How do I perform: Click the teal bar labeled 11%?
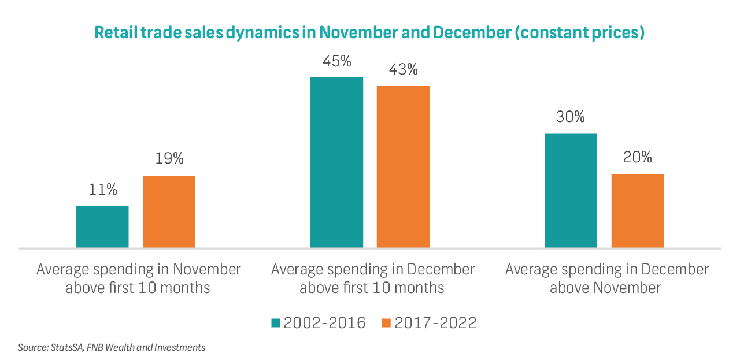[x=102, y=227]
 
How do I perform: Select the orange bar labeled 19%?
[x=169, y=211]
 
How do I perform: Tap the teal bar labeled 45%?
[x=336, y=162]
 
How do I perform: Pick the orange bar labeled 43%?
[x=403, y=166]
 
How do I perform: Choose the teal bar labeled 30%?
[x=571, y=191]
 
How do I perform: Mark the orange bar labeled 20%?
[x=637, y=210]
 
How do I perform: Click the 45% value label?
[x=337, y=61]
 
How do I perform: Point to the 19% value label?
[x=169, y=158]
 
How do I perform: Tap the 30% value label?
[x=571, y=117]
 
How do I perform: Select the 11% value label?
[x=103, y=189]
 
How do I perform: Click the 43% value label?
[x=404, y=69]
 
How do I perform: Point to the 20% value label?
[x=638, y=157]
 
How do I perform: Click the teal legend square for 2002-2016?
[x=276, y=323]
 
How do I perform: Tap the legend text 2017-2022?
[x=435, y=323]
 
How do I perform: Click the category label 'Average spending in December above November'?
[x=606, y=278]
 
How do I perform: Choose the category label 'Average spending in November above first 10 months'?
[x=138, y=278]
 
